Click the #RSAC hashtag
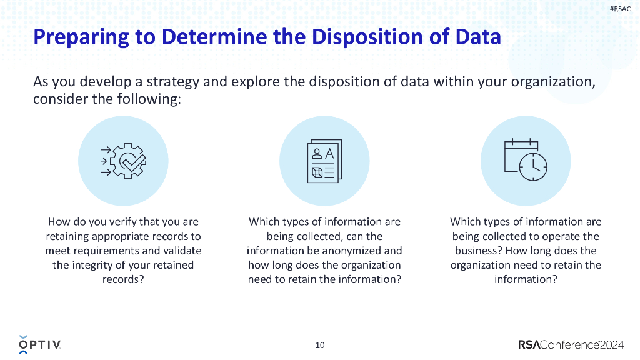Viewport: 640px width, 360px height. (x=619, y=9)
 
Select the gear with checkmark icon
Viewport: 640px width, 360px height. (x=124, y=161)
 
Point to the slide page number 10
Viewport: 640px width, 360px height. (x=320, y=345)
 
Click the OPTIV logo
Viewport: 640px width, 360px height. (x=40, y=344)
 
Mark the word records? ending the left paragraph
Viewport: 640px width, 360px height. (x=123, y=279)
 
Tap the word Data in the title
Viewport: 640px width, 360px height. (x=478, y=37)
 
